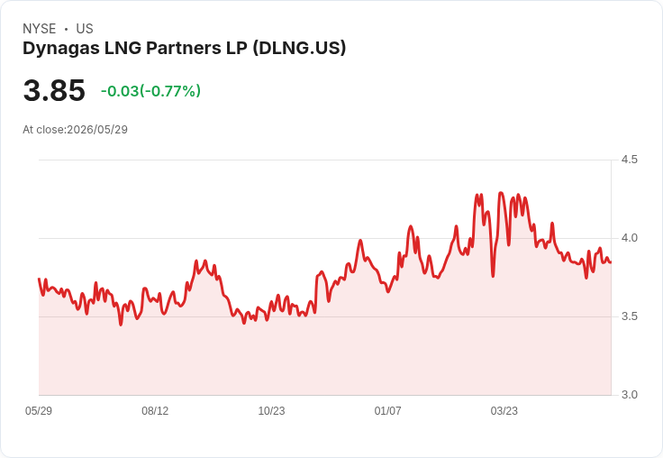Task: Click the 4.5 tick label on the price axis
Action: (629, 160)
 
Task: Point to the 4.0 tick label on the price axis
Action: (629, 238)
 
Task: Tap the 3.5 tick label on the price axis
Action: (629, 316)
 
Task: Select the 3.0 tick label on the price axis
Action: (629, 395)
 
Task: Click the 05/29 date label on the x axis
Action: (39, 410)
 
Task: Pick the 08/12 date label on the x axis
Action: (155, 410)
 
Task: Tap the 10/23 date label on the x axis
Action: (271, 410)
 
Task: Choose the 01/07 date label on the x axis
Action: (387, 410)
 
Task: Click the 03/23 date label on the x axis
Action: (504, 410)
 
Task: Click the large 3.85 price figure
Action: (54, 90)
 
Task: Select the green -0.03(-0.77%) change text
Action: (150, 91)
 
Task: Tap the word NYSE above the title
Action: (40, 29)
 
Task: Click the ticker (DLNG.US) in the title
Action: (299, 48)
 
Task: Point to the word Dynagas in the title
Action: (61, 49)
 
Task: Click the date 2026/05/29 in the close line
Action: (97, 130)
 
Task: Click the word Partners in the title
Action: (185, 48)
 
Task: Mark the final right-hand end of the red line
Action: (611, 262)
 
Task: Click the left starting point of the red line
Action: (39, 279)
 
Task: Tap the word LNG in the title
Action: (123, 48)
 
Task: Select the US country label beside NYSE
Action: (85, 29)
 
